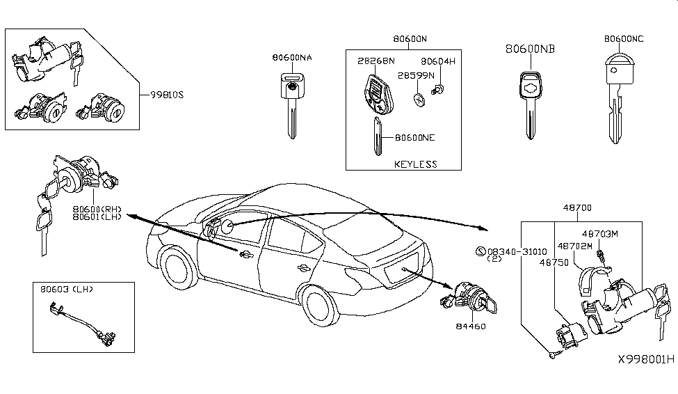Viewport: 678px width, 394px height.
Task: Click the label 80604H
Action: pyautogui.click(x=438, y=62)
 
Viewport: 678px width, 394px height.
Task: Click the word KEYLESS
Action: pyautogui.click(x=416, y=164)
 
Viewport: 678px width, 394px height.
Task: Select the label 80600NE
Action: pyautogui.click(x=414, y=138)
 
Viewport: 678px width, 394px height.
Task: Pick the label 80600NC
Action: pyautogui.click(x=625, y=40)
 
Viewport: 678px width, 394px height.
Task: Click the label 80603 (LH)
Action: pyautogui.click(x=67, y=288)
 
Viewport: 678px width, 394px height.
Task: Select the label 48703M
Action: pyautogui.click(x=599, y=235)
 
